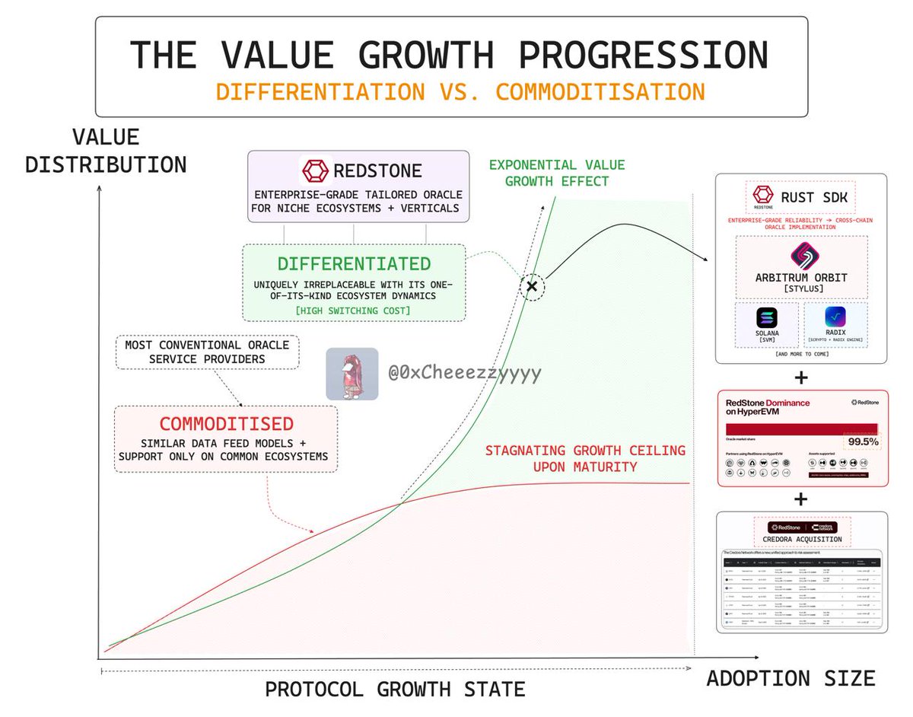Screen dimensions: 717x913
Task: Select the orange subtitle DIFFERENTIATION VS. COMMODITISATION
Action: coord(460,91)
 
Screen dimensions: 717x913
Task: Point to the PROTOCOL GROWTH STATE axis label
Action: coord(395,690)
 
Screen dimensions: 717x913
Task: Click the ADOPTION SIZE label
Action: coord(791,678)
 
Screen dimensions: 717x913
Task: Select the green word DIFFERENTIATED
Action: coord(354,264)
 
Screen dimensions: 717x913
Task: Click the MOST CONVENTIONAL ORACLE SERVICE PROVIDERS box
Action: coord(207,352)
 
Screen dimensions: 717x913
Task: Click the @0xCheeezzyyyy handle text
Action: coord(464,374)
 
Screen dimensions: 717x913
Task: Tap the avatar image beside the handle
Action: coord(352,374)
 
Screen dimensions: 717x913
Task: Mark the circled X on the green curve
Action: coord(532,285)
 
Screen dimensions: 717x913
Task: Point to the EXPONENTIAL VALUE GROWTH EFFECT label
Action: coord(556,173)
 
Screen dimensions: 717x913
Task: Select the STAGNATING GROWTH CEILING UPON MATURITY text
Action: coord(585,458)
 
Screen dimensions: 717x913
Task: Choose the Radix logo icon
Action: coord(835,319)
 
